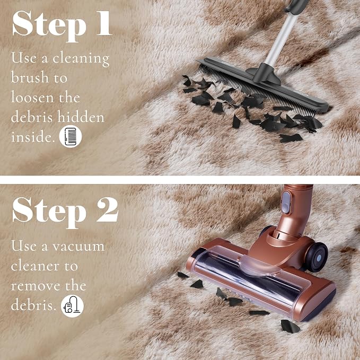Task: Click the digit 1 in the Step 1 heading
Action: [x=104, y=23]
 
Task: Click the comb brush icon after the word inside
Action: [x=71, y=136]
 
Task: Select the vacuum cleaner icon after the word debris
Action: [x=72, y=306]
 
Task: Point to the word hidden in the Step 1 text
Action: [x=81, y=117]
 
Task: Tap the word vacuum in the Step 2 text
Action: [x=78, y=247]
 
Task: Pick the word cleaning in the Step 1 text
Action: [x=81, y=59]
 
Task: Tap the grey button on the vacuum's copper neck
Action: [x=286, y=203]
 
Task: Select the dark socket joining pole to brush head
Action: [x=265, y=72]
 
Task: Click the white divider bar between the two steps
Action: [x=180, y=180]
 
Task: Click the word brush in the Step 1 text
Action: [x=30, y=77]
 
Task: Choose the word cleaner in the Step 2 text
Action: [x=35, y=266]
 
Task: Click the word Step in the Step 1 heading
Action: [x=49, y=26]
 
